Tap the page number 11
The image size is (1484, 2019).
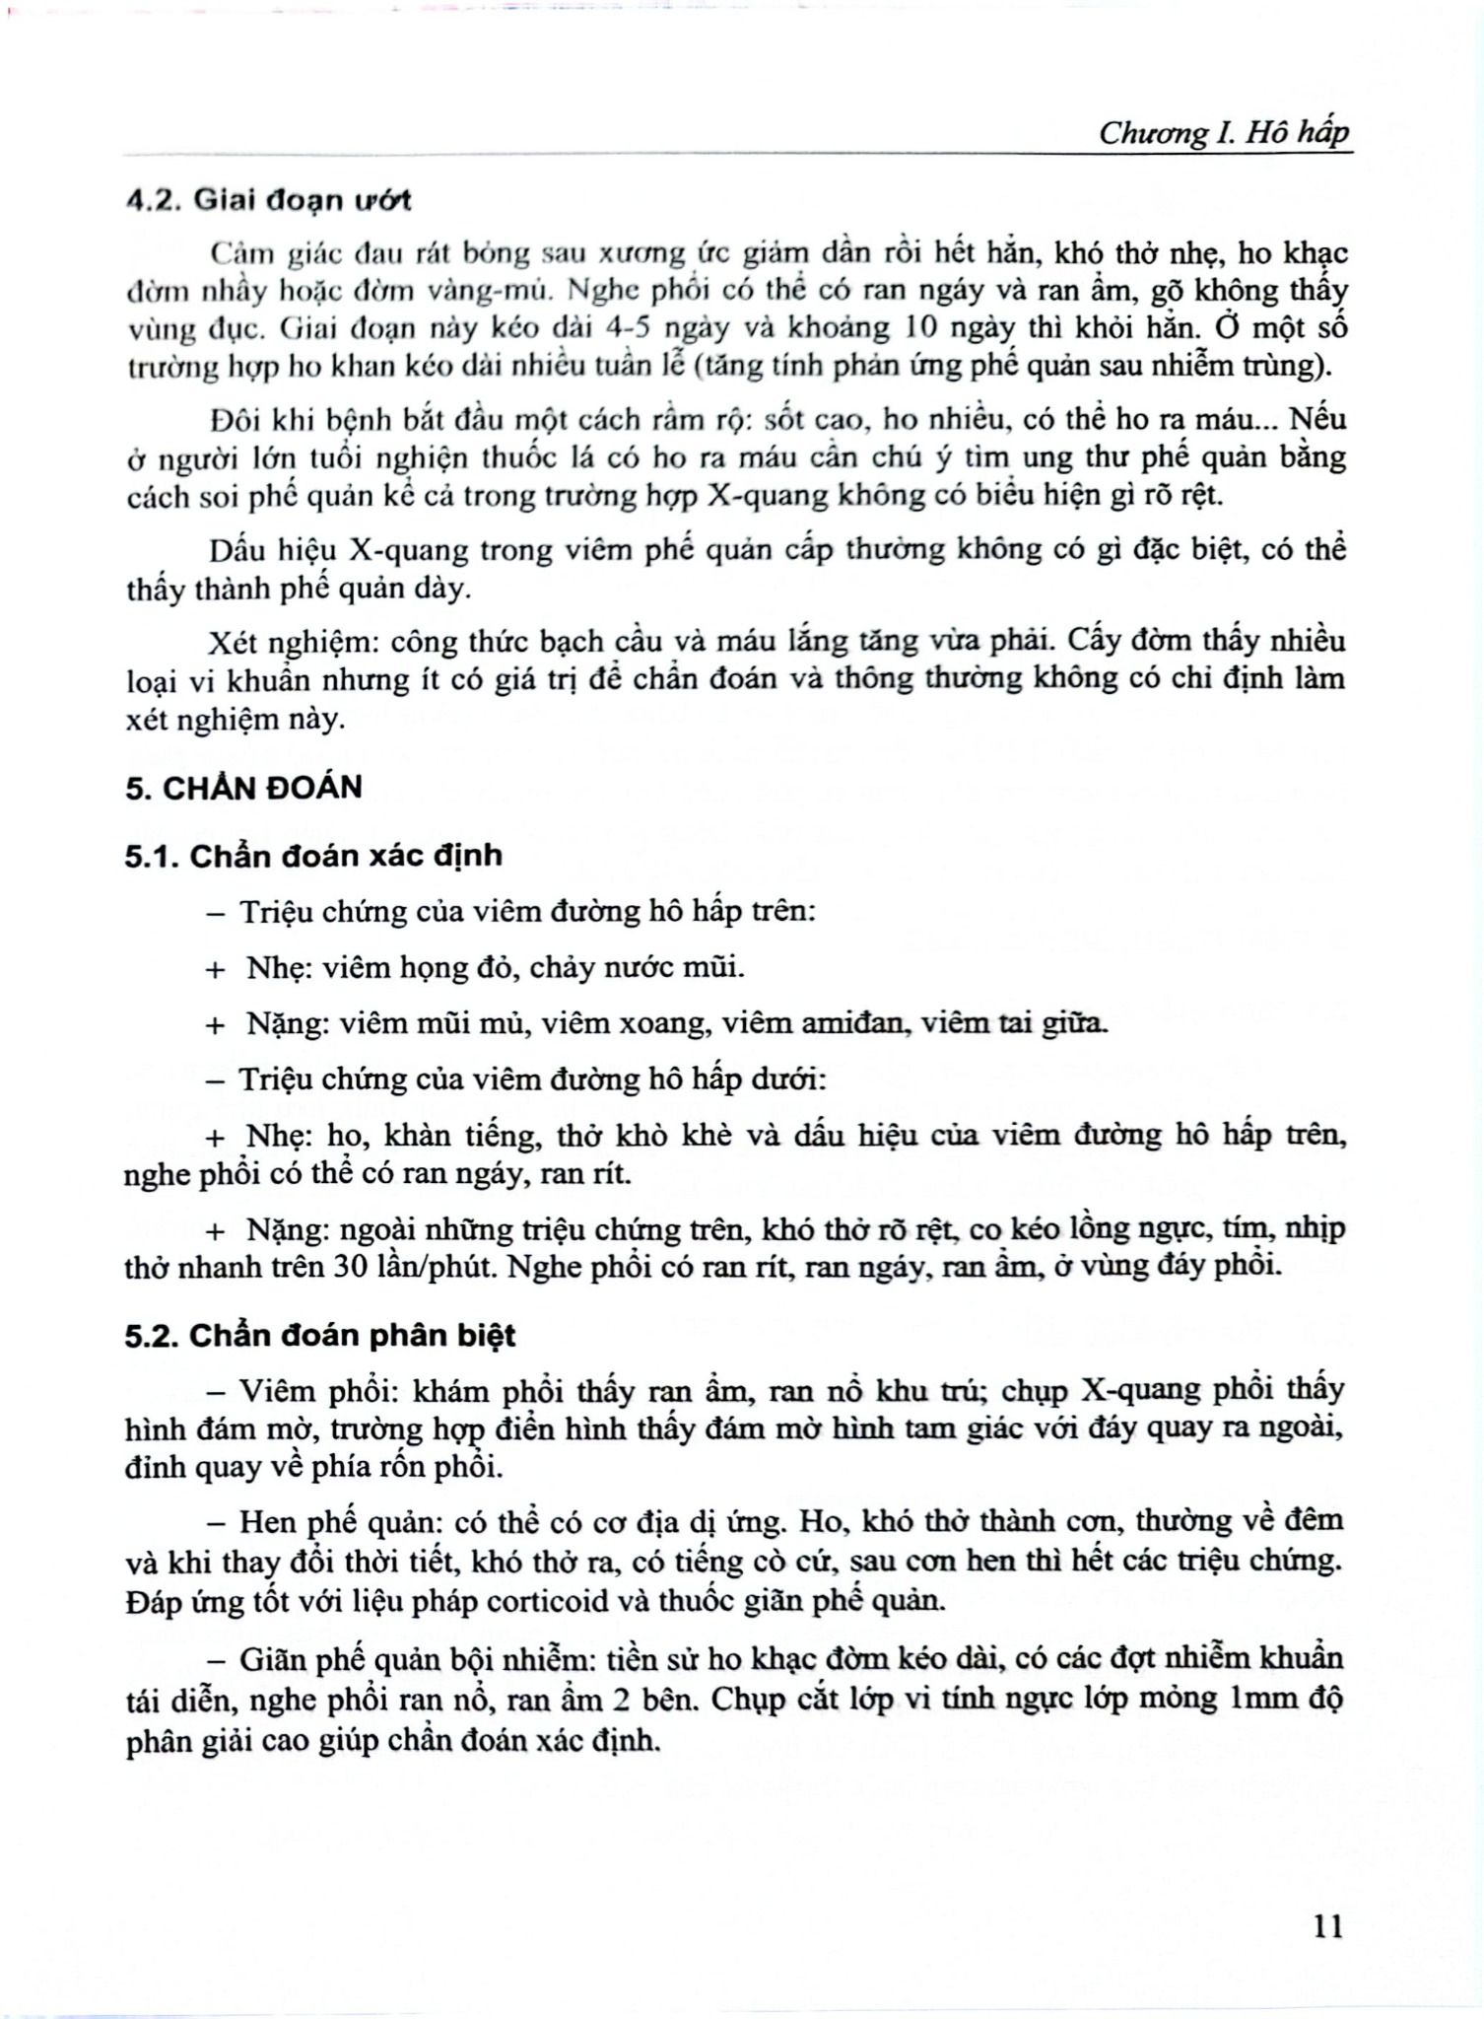(1328, 1923)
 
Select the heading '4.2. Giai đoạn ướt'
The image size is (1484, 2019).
(268, 200)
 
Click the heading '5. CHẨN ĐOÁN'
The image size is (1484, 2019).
(243, 788)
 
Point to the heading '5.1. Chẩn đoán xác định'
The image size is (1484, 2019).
(313, 855)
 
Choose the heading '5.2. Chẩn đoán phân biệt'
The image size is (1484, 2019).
(320, 1336)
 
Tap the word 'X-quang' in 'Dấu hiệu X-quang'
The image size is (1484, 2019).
(404, 549)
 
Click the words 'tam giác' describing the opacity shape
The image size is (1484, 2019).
(950, 1428)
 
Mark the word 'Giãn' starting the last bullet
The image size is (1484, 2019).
(273, 1658)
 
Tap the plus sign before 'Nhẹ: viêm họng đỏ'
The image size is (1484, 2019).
(215, 969)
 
